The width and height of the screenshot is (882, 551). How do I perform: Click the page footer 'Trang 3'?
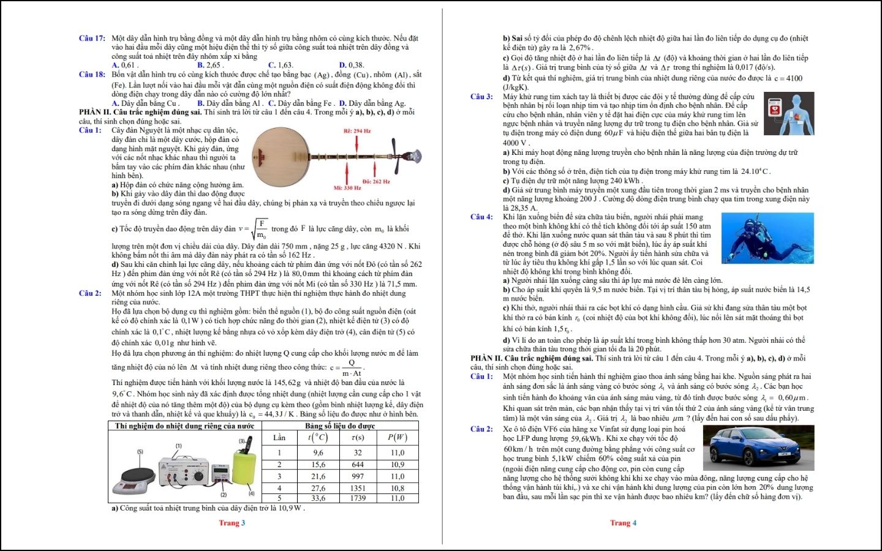click(232, 522)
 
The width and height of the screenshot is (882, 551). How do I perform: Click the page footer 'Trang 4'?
click(623, 522)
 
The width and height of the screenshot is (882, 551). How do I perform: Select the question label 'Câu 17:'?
click(92, 38)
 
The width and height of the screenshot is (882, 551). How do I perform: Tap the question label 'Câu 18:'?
click(92, 74)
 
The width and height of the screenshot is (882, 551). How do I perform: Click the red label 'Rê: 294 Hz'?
click(356, 131)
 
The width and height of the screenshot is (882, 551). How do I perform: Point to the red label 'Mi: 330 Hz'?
click(347, 188)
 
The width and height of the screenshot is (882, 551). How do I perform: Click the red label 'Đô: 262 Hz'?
click(375, 181)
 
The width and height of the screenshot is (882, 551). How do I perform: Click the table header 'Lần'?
click(279, 437)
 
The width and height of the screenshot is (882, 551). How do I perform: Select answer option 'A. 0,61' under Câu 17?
click(124, 65)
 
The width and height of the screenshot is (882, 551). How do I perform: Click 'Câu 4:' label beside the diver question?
click(481, 217)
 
